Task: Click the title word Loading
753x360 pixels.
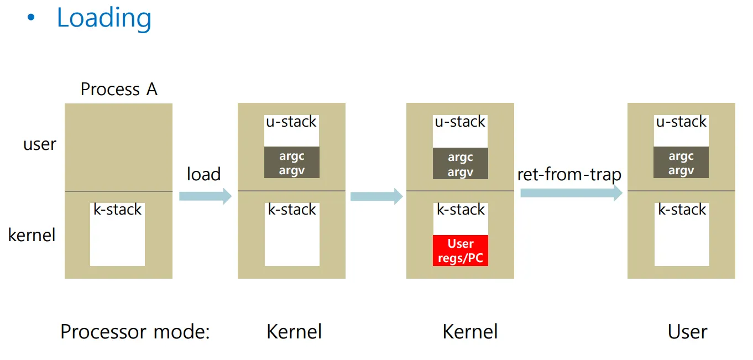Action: [104, 18]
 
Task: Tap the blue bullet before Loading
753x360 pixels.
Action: [30, 18]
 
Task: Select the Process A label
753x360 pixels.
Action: [119, 89]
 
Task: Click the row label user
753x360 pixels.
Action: [40, 144]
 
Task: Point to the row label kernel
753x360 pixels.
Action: [32, 235]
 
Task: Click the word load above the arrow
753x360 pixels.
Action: [203, 174]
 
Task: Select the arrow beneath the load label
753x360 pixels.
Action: [205, 196]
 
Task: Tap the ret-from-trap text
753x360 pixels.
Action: [569, 175]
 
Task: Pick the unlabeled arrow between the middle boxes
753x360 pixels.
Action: [376, 196]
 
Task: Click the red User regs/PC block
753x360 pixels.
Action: [461, 251]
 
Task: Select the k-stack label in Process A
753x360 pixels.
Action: [118, 210]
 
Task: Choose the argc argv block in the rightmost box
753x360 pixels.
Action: [681, 163]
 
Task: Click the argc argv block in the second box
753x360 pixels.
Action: [292, 163]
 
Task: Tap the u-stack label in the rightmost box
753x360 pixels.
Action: [681, 122]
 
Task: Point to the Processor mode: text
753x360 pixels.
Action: [135, 332]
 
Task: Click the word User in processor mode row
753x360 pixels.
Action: [687, 332]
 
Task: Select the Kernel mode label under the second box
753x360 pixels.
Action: [294, 332]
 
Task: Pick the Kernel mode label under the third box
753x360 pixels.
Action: [470, 332]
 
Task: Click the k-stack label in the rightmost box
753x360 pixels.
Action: [681, 210]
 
